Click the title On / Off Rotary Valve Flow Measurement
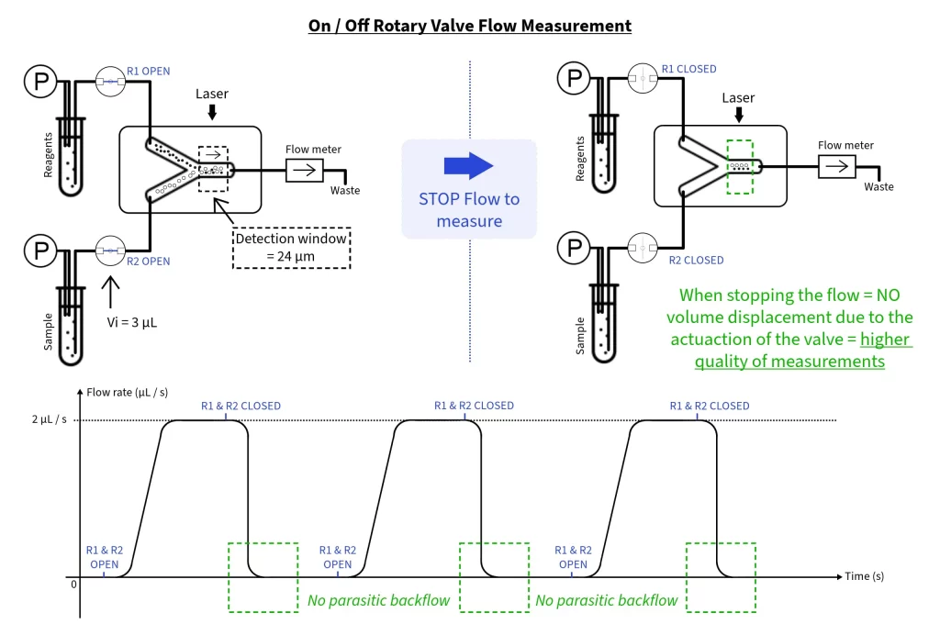(x=470, y=26)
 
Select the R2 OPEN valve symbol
(x=110, y=251)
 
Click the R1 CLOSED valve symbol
(x=643, y=79)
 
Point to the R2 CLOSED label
(x=696, y=260)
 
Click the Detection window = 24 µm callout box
(x=290, y=247)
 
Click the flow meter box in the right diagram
(x=836, y=166)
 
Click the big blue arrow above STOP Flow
(x=468, y=166)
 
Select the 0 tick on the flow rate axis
(x=74, y=583)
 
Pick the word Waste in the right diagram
(x=878, y=186)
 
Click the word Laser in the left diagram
(x=211, y=94)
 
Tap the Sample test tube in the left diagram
(x=70, y=326)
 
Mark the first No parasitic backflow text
(x=378, y=601)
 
